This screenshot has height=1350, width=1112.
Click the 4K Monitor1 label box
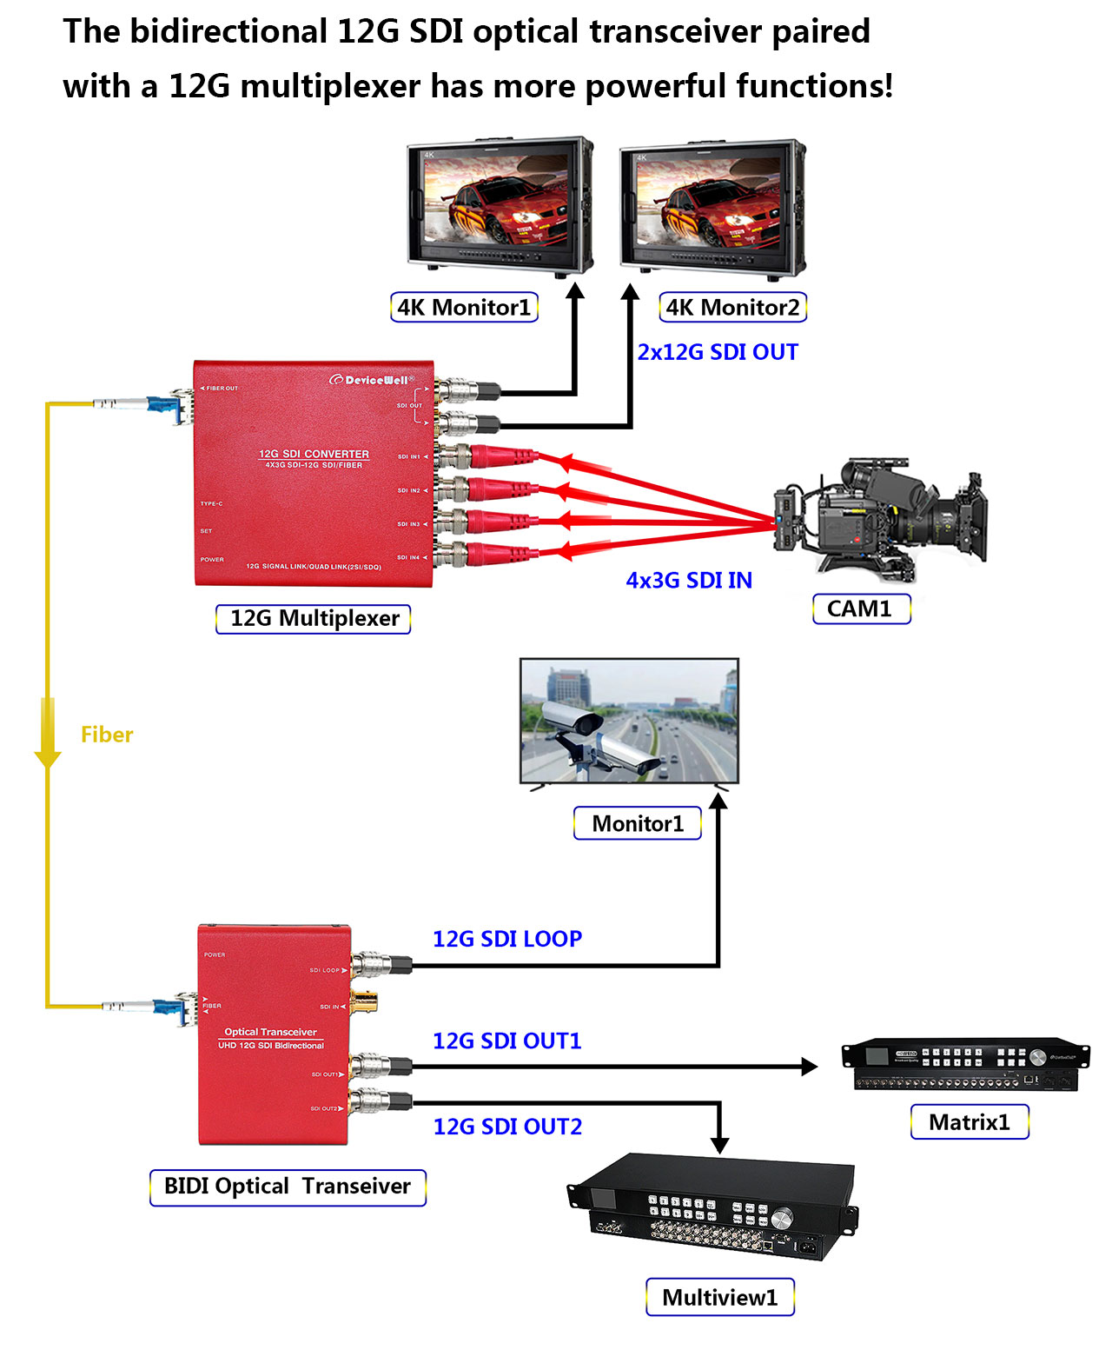click(464, 308)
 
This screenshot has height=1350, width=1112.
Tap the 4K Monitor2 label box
click(732, 308)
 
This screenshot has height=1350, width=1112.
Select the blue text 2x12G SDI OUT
click(718, 352)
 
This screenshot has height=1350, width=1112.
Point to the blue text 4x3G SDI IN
click(689, 581)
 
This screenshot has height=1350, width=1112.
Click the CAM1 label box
click(860, 608)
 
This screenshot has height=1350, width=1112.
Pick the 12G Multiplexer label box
click(314, 619)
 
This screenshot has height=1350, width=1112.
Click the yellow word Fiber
click(107, 735)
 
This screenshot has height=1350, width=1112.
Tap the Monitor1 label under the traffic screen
click(638, 823)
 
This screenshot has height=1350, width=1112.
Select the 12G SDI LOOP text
click(507, 939)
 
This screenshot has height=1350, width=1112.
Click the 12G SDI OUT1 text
click(507, 1041)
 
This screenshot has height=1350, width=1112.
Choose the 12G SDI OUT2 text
click(507, 1127)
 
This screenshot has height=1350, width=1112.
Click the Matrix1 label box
click(970, 1122)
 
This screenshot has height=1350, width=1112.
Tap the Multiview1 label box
click(719, 1298)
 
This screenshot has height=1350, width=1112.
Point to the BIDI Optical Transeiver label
click(288, 1187)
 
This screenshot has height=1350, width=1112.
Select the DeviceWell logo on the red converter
click(371, 380)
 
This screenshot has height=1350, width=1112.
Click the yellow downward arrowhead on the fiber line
click(48, 759)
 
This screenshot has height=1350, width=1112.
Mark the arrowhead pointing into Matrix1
click(809, 1066)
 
